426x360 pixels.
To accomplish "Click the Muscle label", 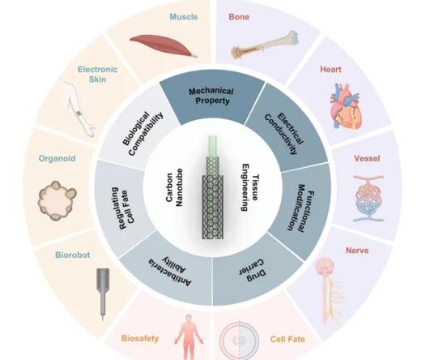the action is coord(184,17).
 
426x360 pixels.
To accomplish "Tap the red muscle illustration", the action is coord(164,45).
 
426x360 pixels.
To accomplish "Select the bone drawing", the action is coord(265,45).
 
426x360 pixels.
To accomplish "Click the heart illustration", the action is coord(346,106).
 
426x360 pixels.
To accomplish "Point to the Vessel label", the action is coord(367,159).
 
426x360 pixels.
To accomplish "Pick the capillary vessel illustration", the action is coord(369,198).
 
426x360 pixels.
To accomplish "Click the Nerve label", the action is coord(357,251).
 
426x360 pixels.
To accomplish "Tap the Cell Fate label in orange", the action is coord(288,339).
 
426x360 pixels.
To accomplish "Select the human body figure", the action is coord(189,337).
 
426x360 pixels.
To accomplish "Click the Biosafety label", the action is coord(140,339).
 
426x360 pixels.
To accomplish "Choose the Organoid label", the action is coord(57,159).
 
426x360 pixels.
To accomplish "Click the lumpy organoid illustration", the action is coord(57,200).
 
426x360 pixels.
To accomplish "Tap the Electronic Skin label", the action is coord(97,75).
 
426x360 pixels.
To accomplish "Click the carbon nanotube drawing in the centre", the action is coord(213,187).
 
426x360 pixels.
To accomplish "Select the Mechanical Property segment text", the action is coord(211,96).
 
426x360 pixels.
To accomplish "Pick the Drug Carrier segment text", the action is coord(252,268).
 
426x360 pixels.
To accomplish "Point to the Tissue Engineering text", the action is coord(249,187).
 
